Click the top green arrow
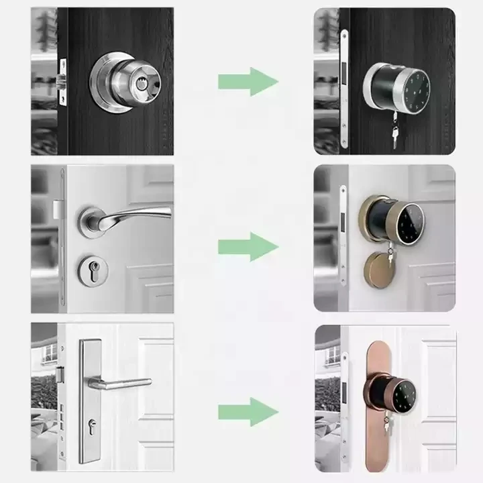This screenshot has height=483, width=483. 248,82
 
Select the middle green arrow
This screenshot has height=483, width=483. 248,246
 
